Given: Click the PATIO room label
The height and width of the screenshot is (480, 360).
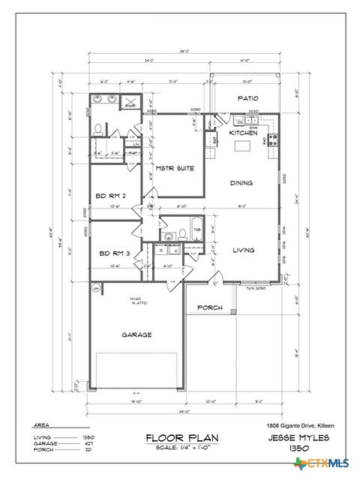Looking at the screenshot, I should pos(248,98).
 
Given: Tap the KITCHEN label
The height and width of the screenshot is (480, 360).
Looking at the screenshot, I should pos(244,132).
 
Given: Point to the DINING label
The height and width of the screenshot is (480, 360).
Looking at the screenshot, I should pos(241,182).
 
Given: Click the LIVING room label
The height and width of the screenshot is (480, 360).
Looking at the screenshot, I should pos(242,250).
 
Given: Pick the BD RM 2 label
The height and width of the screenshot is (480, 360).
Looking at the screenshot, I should pos(110,196).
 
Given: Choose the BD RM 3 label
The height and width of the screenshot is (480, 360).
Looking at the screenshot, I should pos(114,253).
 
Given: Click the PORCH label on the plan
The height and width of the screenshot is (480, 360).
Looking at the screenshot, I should pos(209,307).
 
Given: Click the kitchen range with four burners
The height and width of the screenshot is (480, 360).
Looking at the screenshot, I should pos(273,139).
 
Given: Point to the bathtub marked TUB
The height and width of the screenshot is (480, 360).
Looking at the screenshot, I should pos(197,230).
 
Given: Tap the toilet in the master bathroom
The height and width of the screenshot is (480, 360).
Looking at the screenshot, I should pos(98,129).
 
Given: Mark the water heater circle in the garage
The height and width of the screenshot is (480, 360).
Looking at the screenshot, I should pos(96,288).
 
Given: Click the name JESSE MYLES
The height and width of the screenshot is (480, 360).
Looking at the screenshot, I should pos(298,436).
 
